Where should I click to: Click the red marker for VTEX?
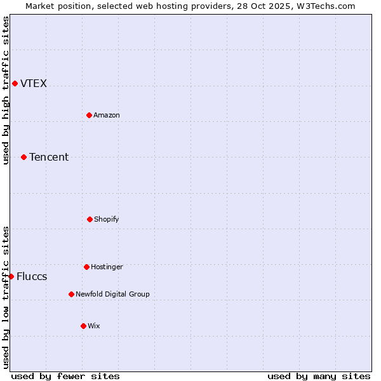(x=15, y=83)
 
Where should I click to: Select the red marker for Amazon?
(x=89, y=115)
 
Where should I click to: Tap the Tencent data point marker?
(x=23, y=157)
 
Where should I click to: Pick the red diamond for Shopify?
(x=90, y=219)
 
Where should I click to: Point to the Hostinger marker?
(x=86, y=267)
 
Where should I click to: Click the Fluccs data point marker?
(x=11, y=276)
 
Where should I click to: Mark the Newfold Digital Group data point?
(x=71, y=294)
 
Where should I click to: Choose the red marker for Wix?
(x=83, y=326)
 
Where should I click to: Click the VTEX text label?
(x=34, y=84)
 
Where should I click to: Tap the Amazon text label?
(x=107, y=116)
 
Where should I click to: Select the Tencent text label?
(x=49, y=157)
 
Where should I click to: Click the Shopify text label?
(x=107, y=220)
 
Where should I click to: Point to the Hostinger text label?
(x=107, y=267)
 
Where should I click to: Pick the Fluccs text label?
(x=32, y=277)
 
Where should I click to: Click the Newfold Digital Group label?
(x=112, y=295)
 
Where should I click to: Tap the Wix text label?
(x=94, y=326)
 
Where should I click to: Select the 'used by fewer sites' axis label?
(x=65, y=376)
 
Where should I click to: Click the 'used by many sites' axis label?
(x=319, y=376)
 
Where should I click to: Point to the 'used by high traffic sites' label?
(x=6, y=90)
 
